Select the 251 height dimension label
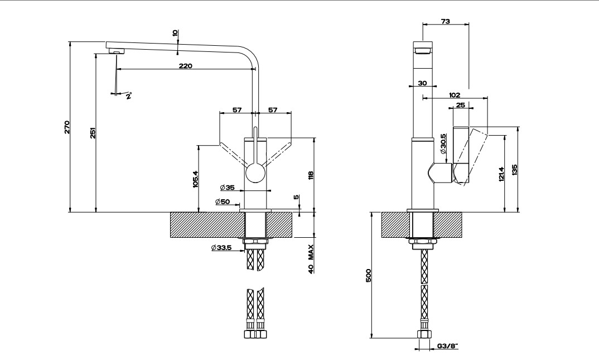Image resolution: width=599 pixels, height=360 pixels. coord(93,133)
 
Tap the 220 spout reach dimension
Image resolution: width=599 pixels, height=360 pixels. coord(185,66)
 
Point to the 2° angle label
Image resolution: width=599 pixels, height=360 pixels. coord(128,96)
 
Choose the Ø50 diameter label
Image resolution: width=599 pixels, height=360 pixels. coord(223,201)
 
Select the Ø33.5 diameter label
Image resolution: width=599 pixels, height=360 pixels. coord(221,247)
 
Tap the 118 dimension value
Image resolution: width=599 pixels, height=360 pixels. coord(311,175)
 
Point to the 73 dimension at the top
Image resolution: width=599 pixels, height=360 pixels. coord(446,21)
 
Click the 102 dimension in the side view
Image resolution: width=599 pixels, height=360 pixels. coord(455,95)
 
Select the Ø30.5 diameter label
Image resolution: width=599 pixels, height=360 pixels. coord(443,144)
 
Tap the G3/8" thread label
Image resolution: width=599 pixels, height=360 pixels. coord(446,347)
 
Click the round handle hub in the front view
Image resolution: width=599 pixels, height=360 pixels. coord(256,174)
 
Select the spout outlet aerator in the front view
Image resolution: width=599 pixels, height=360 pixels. coord(115,51)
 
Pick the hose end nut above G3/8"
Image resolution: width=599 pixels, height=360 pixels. coord(424,334)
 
